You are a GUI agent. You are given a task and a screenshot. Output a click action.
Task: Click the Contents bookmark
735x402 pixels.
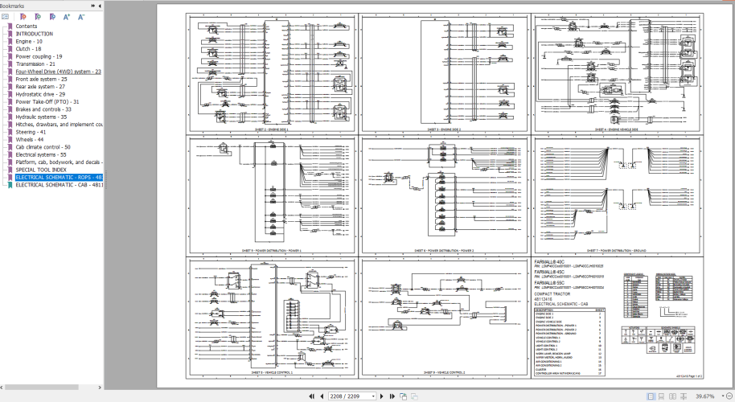click(27, 27)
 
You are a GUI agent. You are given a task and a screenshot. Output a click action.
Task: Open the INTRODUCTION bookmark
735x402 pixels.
click(35, 34)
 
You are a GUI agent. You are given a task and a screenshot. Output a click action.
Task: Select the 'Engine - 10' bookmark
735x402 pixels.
click(29, 41)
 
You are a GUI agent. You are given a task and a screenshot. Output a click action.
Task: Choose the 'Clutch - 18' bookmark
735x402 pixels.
click(28, 49)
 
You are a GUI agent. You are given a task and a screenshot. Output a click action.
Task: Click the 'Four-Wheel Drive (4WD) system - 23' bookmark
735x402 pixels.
click(58, 72)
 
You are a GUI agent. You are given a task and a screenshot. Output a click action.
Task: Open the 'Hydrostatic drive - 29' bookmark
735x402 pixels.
click(40, 94)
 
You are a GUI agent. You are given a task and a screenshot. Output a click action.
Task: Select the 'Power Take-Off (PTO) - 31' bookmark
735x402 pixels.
click(47, 102)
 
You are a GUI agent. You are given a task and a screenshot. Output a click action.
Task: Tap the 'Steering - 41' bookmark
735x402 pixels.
click(30, 132)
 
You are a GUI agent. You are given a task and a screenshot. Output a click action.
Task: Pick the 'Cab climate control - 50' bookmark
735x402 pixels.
click(43, 147)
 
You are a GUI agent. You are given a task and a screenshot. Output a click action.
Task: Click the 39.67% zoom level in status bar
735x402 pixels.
click(704, 396)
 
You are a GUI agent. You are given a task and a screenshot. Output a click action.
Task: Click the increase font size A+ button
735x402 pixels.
click(67, 16)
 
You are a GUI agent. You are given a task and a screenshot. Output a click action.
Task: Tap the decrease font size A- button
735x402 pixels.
click(81, 16)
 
